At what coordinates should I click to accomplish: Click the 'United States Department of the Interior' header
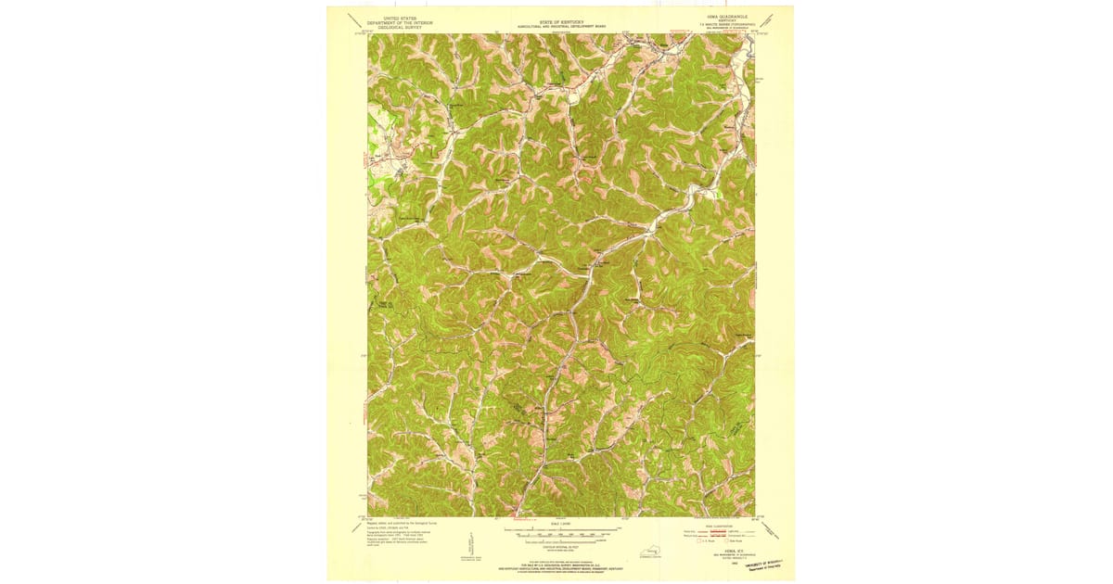(394, 21)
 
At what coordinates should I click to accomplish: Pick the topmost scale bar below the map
(561, 529)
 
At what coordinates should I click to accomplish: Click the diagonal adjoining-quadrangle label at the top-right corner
(770, 21)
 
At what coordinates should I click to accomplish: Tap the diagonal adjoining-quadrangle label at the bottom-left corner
(355, 527)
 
